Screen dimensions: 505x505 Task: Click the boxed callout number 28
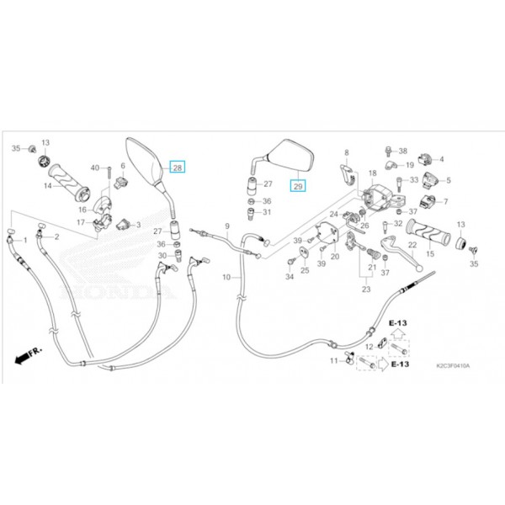[178, 167]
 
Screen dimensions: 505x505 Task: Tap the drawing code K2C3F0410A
[453, 367]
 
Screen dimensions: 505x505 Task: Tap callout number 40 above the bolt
[94, 167]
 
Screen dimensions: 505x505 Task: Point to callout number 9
[226, 226]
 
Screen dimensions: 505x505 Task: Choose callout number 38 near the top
[403, 150]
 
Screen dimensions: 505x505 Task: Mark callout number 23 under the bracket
[366, 289]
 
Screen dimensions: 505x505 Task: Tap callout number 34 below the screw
[290, 276]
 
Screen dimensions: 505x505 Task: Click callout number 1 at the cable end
[25, 241]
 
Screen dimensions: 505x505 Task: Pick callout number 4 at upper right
[443, 159]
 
